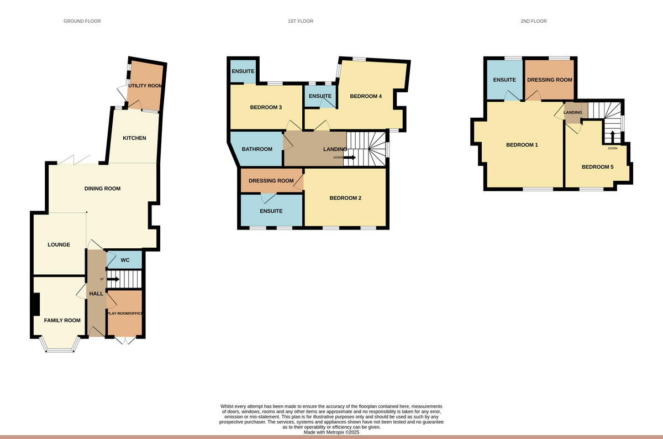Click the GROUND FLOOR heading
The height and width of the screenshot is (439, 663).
[82, 21]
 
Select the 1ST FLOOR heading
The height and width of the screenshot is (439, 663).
[300, 21]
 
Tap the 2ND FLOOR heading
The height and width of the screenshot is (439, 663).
[533, 21]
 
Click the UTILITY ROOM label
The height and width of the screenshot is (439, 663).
[145, 86]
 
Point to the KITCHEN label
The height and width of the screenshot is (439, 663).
[134, 138]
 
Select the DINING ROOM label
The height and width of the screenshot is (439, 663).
[102, 189]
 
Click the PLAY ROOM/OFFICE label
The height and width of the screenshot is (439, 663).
[125, 313]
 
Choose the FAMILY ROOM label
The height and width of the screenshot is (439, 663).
[62, 320]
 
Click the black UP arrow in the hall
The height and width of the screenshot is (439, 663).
[113, 279]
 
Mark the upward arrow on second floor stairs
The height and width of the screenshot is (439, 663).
[612, 136]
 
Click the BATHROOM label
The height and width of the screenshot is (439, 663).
[257, 149]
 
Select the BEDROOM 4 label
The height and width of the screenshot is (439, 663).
[366, 96]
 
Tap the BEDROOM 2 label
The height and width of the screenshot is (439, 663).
[345, 198]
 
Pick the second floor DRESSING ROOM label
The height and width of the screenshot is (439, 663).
[549, 80]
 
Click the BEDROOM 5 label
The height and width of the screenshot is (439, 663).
[597, 166]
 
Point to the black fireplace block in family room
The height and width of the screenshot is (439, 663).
[36, 303]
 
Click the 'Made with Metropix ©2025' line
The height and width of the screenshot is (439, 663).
[331, 432]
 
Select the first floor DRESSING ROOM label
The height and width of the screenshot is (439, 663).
[271, 181]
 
